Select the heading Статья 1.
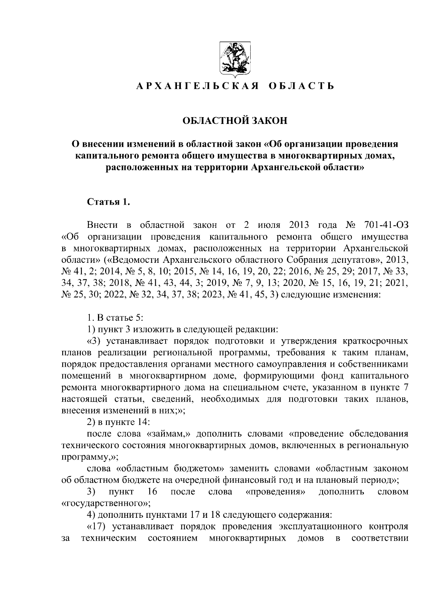(108, 202)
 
